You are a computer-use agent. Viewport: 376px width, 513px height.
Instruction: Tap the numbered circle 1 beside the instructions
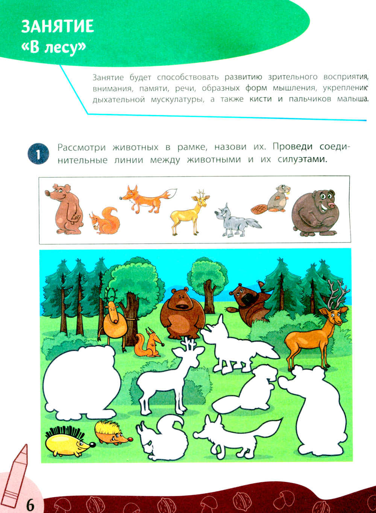[x=38, y=154]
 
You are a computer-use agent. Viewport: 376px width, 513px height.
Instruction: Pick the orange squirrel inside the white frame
[x=105, y=221]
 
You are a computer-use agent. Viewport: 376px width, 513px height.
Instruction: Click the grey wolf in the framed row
[x=235, y=221]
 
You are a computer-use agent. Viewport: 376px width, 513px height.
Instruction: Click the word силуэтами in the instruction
[x=302, y=159]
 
